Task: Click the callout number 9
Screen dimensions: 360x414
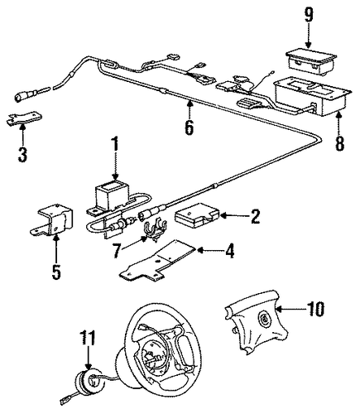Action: click(309, 15)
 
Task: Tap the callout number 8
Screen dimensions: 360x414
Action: click(339, 142)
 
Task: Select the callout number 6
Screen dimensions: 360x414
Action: click(189, 128)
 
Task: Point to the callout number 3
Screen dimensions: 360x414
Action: click(22, 154)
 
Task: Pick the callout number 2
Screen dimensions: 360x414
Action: click(255, 216)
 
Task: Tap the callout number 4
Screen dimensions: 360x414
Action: click(229, 251)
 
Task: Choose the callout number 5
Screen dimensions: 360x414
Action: click(56, 272)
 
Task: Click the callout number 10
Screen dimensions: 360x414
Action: click(314, 309)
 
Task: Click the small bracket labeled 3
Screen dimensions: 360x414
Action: click(24, 118)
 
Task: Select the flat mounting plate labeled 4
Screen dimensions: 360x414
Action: click(158, 263)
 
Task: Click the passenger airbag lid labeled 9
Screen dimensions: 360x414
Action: click(311, 63)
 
